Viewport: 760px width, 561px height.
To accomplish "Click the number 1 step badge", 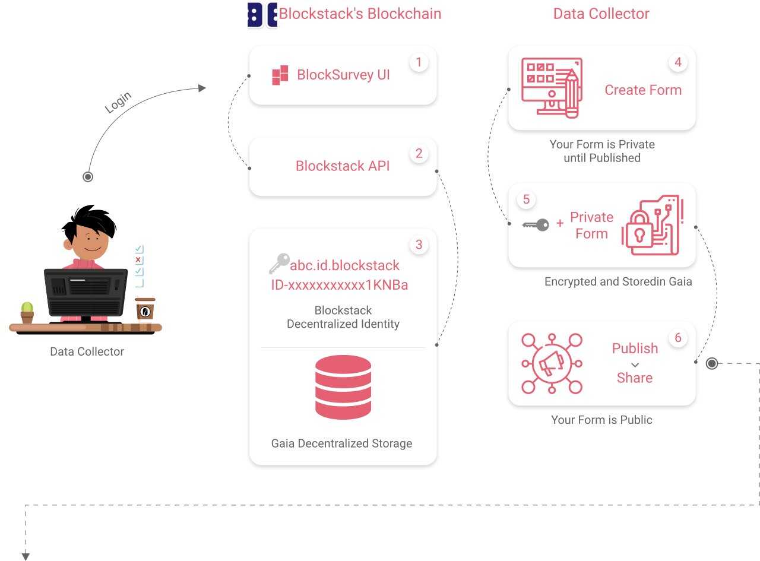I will (x=419, y=62).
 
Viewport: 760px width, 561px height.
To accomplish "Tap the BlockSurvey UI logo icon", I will (x=280, y=75).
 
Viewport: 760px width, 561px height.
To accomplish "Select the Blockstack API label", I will (x=343, y=166).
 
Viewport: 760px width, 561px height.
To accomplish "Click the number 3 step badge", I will (x=419, y=245).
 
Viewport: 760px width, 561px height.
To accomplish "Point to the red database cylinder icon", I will (x=343, y=387).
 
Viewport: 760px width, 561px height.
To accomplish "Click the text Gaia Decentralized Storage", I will (x=341, y=443).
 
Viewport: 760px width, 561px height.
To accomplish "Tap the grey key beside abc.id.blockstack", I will (x=279, y=263).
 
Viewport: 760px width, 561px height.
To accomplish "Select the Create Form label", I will (x=643, y=90).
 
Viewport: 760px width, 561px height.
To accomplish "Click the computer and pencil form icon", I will (x=551, y=87).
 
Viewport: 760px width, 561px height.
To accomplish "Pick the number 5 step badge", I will (x=526, y=199).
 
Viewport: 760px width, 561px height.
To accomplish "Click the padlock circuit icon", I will (x=652, y=226).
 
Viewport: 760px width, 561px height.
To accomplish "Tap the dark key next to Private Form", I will (x=536, y=225).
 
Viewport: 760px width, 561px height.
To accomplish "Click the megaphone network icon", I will (x=552, y=363).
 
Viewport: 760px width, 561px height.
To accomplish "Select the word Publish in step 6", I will (x=635, y=348).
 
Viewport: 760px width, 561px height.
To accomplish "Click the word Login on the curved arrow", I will (x=118, y=103).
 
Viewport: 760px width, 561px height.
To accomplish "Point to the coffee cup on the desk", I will (x=145, y=309).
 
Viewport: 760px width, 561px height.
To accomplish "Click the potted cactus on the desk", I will (x=27, y=312).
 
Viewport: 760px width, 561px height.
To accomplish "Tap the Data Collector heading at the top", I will (x=601, y=14).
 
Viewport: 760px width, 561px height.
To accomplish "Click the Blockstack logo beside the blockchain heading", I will (x=262, y=15).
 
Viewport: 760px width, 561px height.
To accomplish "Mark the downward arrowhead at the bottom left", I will (x=26, y=556).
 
